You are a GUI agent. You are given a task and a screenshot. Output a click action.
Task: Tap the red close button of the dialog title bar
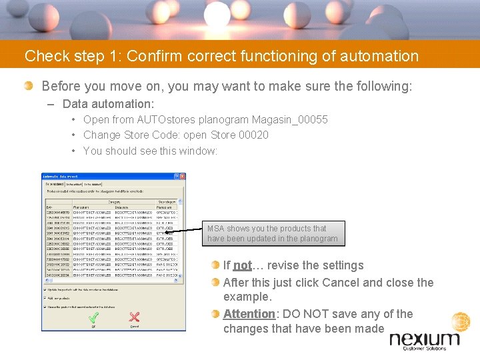181,177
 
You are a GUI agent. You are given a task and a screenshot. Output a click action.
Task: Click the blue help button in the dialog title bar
175,177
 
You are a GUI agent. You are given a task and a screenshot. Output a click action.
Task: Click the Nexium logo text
424,339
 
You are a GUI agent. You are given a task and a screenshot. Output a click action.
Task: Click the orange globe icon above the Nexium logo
461,322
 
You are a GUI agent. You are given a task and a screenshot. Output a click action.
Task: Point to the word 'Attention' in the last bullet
249,314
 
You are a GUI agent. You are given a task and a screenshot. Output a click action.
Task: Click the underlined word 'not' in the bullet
243,265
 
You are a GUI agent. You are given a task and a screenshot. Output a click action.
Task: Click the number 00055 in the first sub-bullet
312,120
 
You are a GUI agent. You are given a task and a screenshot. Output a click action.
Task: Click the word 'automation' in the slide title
379,56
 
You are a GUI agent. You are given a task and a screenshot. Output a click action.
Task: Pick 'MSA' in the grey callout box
216,229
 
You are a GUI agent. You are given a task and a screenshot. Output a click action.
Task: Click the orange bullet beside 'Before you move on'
29,86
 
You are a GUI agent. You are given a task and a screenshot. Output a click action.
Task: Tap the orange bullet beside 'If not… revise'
216,265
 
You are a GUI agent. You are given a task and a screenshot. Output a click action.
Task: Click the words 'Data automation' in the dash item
107,104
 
